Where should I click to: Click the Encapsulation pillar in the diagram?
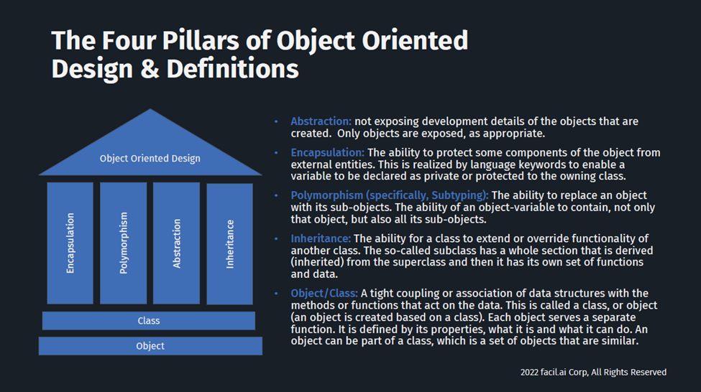point(70,243)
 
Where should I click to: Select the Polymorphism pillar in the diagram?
point(124,243)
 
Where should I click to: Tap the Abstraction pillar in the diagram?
point(177,243)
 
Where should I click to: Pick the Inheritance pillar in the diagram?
point(230,244)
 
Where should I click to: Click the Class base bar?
point(149,321)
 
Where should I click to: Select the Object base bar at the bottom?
point(150,346)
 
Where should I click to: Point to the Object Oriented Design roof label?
point(150,159)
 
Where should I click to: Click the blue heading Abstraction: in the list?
point(321,121)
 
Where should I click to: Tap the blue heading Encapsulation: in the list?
point(328,153)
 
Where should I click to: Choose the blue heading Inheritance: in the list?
point(321,238)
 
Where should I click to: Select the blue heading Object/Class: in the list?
point(324,294)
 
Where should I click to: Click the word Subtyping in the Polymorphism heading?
point(458,195)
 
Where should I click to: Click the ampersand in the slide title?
point(150,70)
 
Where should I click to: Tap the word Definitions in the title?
point(232,69)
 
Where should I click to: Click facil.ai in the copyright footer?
point(554,373)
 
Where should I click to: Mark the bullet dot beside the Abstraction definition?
point(276,121)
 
